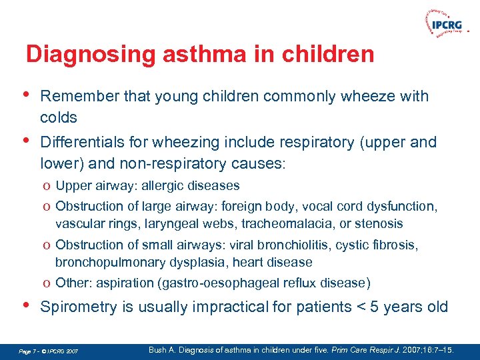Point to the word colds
[x=59, y=117]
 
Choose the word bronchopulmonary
[x=105, y=262]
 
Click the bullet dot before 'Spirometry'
[x=26, y=305]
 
